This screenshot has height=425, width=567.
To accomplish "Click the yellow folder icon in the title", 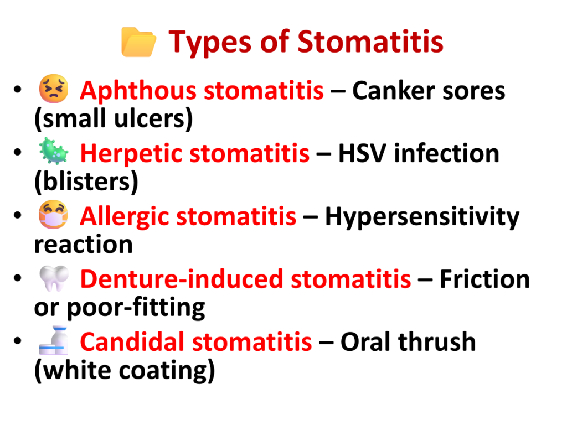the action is (x=138, y=42).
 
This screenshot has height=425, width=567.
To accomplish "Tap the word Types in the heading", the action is (x=210, y=43).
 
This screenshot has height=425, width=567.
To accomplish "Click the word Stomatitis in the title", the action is (x=370, y=41).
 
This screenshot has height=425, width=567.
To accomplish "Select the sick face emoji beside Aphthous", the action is (x=54, y=89).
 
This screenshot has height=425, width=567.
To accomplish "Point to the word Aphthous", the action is (x=138, y=90).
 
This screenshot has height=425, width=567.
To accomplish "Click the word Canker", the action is (x=394, y=90).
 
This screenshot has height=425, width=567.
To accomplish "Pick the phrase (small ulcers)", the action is (x=114, y=118).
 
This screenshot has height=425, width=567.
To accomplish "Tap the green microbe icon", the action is (x=54, y=151).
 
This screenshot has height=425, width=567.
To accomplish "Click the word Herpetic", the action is (x=131, y=154).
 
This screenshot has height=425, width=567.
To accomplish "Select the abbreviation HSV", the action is (x=362, y=153).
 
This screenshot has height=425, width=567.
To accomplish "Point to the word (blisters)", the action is (x=86, y=182).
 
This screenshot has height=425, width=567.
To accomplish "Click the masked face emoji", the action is (x=54, y=214).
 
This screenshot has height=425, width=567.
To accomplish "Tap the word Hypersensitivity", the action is (x=422, y=217).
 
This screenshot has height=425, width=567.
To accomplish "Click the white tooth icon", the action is (x=54, y=278).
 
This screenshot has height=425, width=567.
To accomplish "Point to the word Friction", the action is (x=485, y=279).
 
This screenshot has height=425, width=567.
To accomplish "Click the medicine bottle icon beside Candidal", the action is (x=54, y=340).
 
